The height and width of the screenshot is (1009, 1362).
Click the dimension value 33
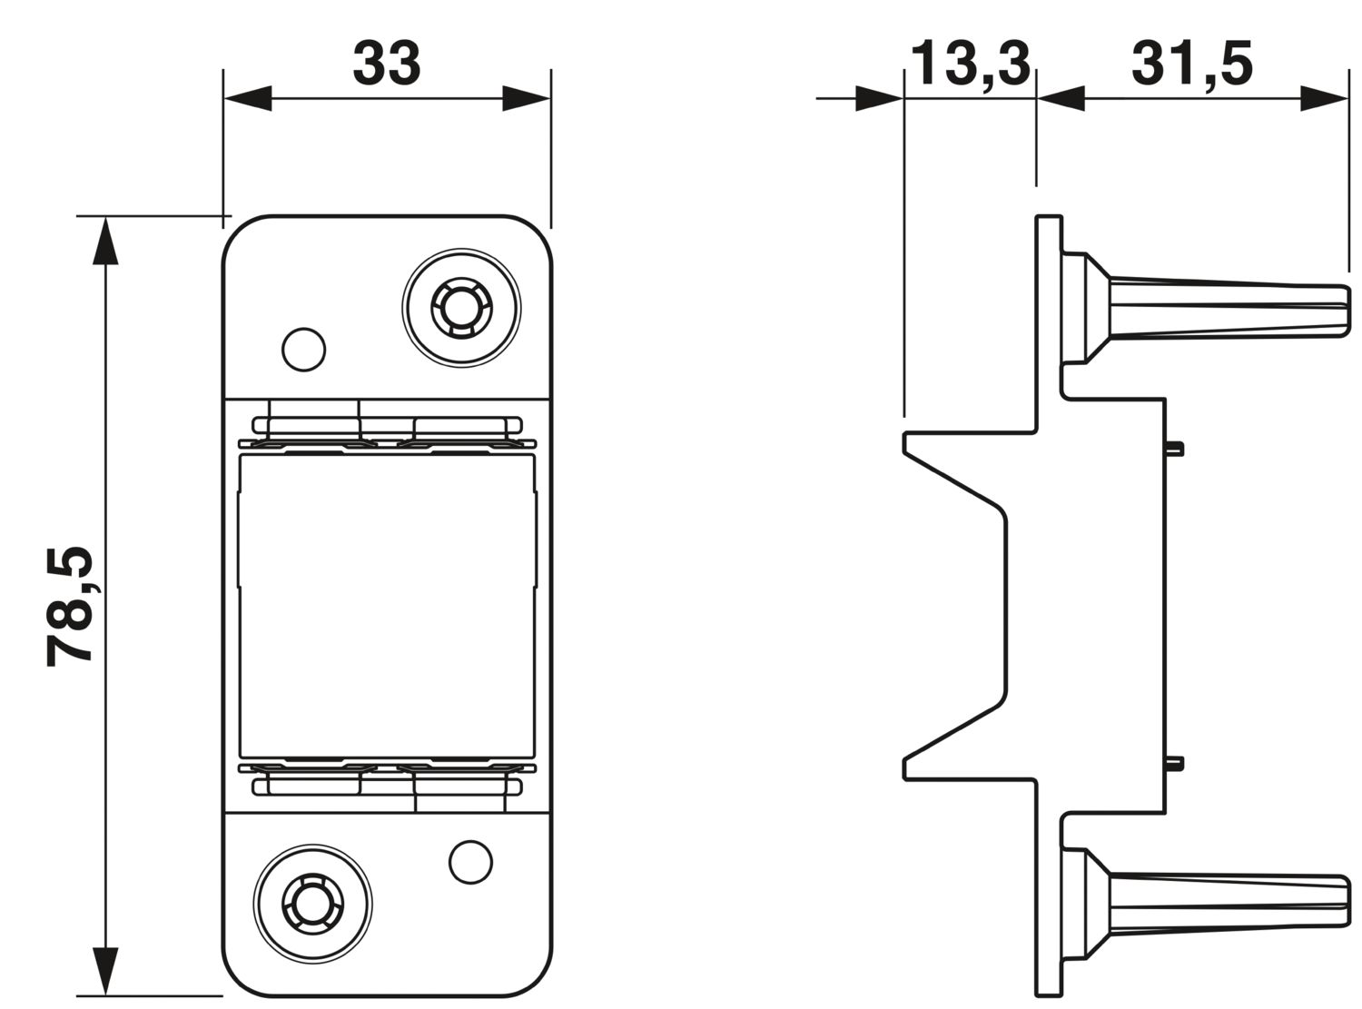(387, 64)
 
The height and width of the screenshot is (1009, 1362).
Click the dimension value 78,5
(69, 606)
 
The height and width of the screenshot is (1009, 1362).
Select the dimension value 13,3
(971, 64)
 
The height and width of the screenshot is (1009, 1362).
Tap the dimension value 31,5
(1192, 64)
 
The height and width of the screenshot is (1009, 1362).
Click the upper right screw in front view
(461, 308)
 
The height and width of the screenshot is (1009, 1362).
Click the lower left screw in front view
(312, 904)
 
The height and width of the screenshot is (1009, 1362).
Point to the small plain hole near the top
(303, 350)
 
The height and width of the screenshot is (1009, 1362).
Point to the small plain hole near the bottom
(470, 862)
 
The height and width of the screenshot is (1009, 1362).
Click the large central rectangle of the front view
(387, 606)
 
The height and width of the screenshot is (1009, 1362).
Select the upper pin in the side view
(1207, 308)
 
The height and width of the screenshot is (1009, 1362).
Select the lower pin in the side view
(1207, 904)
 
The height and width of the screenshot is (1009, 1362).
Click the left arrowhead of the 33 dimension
(248, 98)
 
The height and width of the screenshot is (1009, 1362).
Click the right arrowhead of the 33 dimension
(526, 98)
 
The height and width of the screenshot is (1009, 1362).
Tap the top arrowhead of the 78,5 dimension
(105, 241)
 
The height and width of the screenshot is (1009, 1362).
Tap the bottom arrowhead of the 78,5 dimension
(105, 971)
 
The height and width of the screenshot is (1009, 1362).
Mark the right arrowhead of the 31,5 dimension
(1324, 98)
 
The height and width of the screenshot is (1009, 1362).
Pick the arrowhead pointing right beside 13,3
(879, 98)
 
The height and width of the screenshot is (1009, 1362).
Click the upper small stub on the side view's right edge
(1173, 450)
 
